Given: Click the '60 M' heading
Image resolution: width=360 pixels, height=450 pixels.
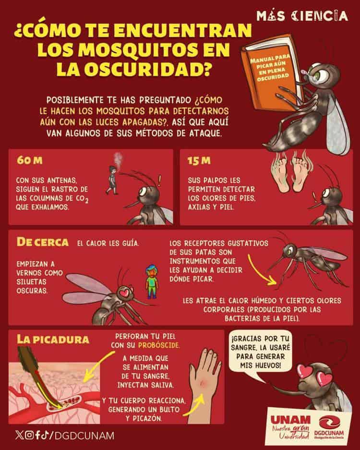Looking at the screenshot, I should (29, 160).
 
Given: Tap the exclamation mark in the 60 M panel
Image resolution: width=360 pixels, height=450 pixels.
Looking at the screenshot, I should (160, 182).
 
